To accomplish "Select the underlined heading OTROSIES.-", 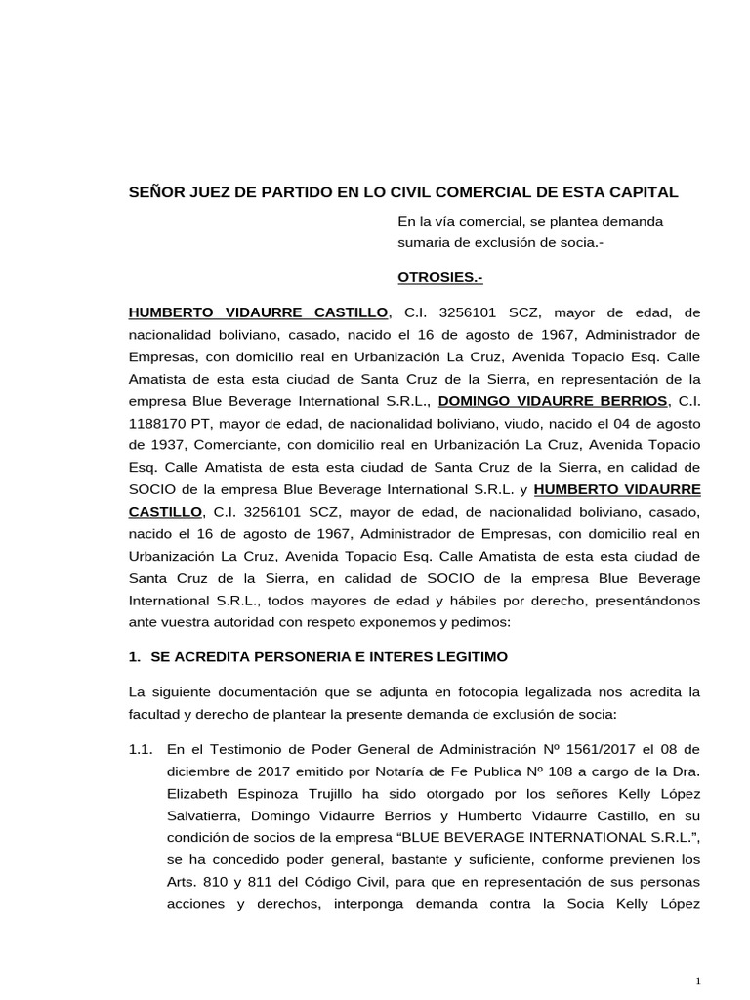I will [x=439, y=278].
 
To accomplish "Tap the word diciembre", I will [x=202, y=772].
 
